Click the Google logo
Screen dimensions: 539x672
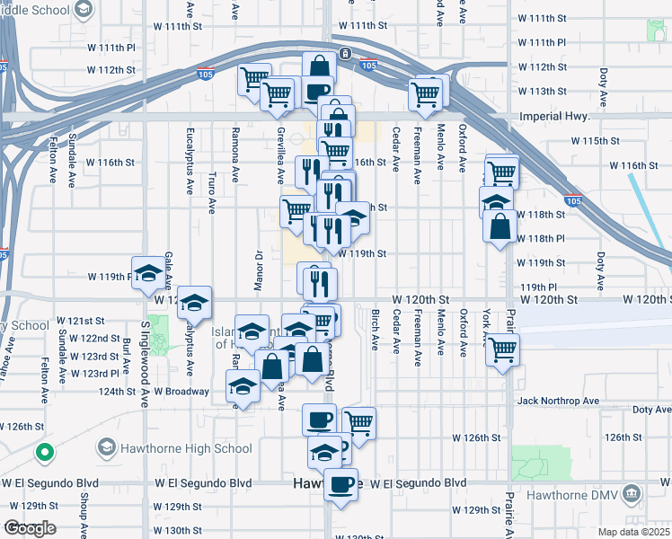click(30, 528)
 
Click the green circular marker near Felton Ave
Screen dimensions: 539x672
click(42, 452)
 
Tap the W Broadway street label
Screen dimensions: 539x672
click(181, 392)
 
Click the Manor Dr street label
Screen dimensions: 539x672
click(257, 268)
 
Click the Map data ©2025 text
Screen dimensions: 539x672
click(634, 532)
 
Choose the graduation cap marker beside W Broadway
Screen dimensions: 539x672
click(241, 387)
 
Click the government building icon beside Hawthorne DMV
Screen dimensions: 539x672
click(632, 493)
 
